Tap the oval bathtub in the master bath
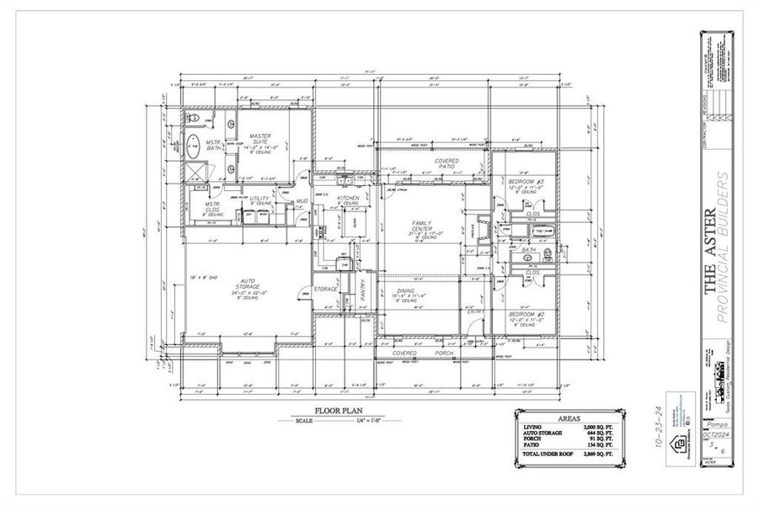(x=192, y=147)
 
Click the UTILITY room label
(x=259, y=199)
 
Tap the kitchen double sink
(x=344, y=180)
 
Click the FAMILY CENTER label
(x=421, y=226)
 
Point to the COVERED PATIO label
(x=446, y=163)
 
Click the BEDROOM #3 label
(x=526, y=183)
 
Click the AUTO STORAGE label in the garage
(x=248, y=288)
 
